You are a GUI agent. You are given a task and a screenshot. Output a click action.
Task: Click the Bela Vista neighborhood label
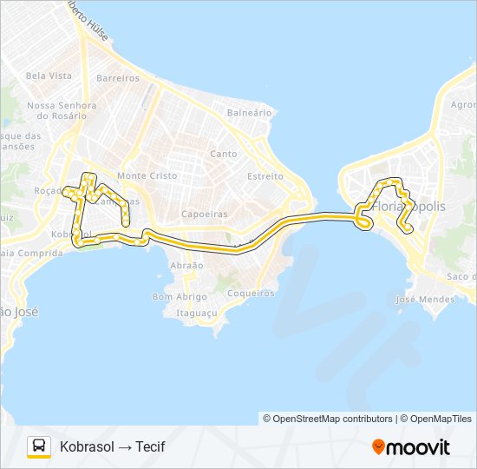click(49, 76)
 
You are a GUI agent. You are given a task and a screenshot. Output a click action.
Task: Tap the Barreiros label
click(118, 78)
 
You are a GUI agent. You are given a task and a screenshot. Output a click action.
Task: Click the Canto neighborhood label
click(224, 154)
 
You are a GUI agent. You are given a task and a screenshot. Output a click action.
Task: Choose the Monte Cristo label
click(147, 175)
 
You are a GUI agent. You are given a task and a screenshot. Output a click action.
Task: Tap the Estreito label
click(265, 176)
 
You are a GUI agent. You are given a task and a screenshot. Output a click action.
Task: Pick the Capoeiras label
click(205, 214)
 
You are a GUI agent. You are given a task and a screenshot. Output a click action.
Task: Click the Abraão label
click(187, 265)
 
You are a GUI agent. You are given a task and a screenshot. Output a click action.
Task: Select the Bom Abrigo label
click(180, 296)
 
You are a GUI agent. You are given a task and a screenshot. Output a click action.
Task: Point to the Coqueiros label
click(251, 294)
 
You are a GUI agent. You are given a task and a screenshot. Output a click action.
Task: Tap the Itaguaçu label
click(197, 312)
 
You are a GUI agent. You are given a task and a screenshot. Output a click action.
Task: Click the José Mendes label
click(424, 300)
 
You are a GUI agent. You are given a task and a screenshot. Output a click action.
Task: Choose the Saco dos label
click(461, 276)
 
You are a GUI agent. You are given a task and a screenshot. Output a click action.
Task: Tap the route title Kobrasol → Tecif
click(112, 447)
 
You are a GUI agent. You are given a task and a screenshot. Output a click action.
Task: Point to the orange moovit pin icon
click(378, 447)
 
